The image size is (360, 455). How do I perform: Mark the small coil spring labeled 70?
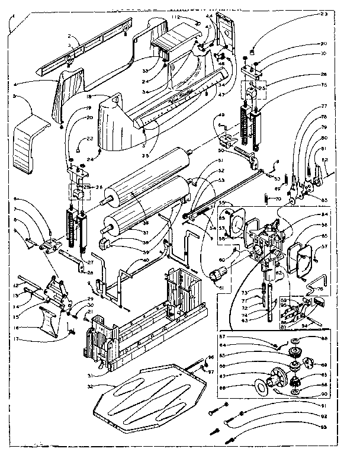coord(265,199)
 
